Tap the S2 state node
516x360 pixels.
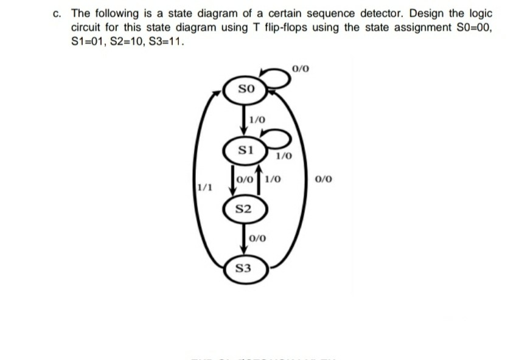(243, 209)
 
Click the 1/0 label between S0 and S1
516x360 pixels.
(257, 120)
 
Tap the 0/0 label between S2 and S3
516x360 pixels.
(257, 238)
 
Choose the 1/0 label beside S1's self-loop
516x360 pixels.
(284, 156)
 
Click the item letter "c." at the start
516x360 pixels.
(57, 13)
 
